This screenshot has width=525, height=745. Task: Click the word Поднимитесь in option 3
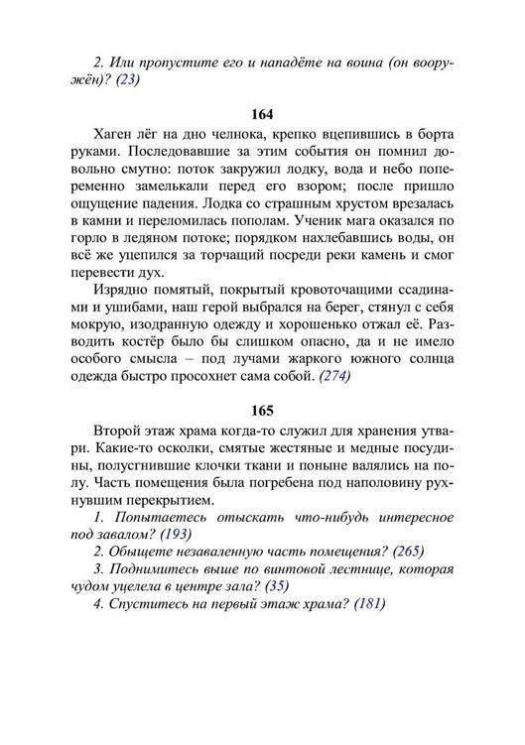[x=159, y=569]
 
